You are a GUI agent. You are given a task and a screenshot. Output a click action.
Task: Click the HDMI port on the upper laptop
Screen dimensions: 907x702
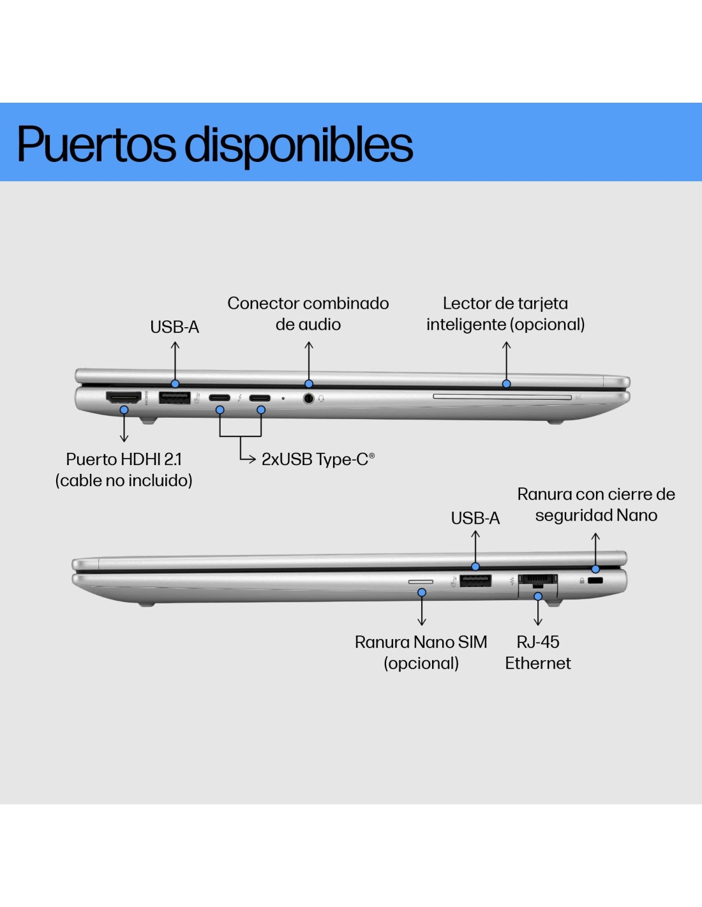[x=123, y=397]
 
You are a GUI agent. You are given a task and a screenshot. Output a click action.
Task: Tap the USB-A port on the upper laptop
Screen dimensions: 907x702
[x=174, y=398]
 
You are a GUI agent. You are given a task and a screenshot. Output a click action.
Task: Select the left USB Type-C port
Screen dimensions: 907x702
[x=220, y=398]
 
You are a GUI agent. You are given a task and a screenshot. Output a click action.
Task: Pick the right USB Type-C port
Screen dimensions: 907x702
[x=260, y=398]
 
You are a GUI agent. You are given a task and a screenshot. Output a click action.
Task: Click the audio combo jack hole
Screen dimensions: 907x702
[x=309, y=399]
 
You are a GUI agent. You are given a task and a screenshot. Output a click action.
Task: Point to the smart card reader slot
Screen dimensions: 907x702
[x=502, y=397]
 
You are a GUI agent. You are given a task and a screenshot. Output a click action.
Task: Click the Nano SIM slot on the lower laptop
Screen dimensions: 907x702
[x=421, y=582]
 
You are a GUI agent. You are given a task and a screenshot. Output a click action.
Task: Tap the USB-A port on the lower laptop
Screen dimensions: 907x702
[x=475, y=580]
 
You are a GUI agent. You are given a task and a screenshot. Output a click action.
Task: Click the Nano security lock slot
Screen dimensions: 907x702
[x=595, y=581]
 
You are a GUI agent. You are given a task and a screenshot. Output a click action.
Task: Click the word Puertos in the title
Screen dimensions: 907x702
[x=96, y=144]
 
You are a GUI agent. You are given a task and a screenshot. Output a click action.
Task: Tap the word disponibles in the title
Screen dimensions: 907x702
[x=299, y=144]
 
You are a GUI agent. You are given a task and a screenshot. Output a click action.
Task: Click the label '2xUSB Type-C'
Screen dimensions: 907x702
[x=317, y=459]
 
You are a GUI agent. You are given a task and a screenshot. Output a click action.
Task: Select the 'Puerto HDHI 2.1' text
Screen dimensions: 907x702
[x=124, y=459]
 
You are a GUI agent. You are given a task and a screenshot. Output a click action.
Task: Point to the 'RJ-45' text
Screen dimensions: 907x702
[x=538, y=642]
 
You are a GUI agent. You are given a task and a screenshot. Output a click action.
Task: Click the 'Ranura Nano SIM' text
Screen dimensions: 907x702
[x=421, y=642]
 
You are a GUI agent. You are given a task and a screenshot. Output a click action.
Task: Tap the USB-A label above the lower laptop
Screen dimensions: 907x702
[x=475, y=518]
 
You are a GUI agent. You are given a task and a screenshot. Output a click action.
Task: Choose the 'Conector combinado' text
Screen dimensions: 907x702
[x=308, y=303]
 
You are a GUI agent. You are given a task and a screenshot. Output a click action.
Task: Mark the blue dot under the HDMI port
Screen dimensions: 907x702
[x=124, y=410]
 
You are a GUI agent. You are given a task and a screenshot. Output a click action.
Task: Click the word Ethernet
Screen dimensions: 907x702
[x=538, y=663]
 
